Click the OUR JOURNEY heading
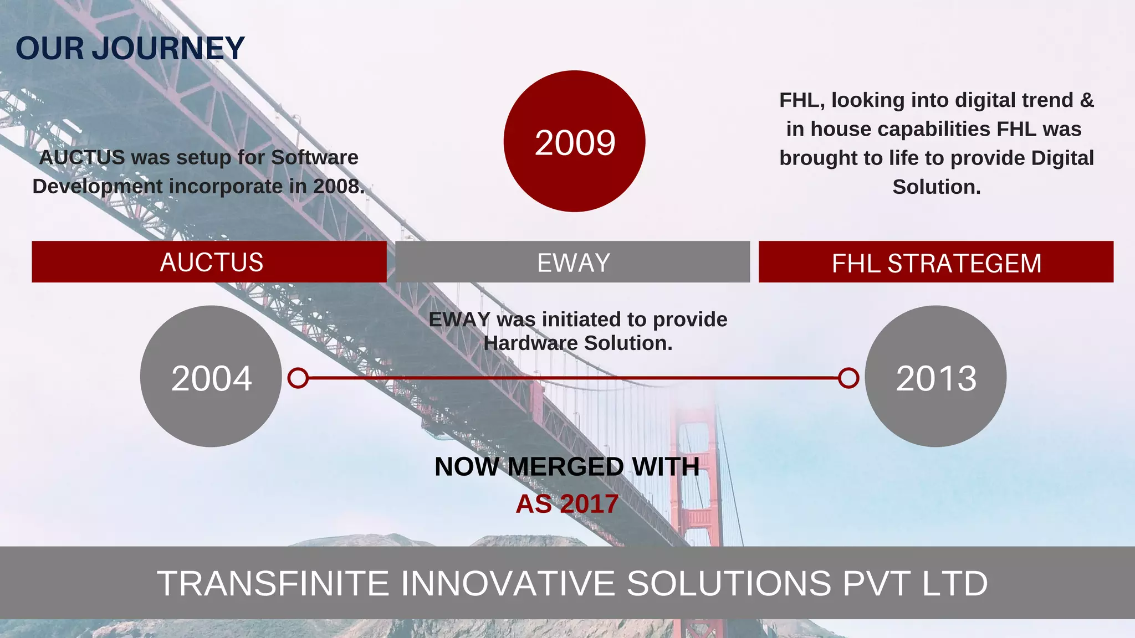(130, 49)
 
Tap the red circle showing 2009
(574, 142)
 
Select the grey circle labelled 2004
(211, 377)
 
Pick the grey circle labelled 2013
(935, 377)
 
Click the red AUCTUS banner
(209, 262)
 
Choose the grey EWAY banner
(572, 262)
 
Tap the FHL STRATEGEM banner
(936, 263)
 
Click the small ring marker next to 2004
(298, 378)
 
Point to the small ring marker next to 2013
(848, 378)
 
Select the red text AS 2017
(566, 504)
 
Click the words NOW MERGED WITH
(566, 466)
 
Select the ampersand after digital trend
(1087, 100)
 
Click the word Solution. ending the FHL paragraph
(936, 187)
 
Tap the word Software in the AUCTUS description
(314, 158)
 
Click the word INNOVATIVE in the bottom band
(507, 583)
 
